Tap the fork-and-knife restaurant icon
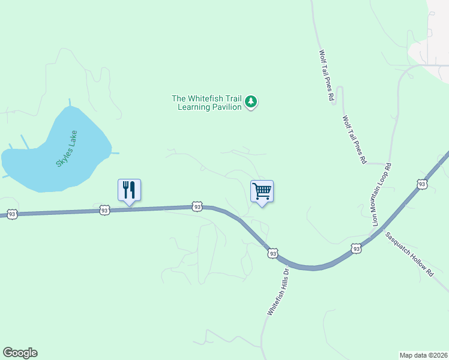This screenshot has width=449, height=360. (x=129, y=190)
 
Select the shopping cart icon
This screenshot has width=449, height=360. (x=262, y=191)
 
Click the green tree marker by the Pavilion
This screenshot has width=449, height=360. (x=252, y=103)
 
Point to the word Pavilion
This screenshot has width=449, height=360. (x=226, y=107)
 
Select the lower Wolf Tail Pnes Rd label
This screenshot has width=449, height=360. (x=354, y=140)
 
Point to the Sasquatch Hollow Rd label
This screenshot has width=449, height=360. (x=409, y=254)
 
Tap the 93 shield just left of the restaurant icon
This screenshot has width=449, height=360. (x=104, y=210)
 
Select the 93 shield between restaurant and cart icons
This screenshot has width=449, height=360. (x=197, y=206)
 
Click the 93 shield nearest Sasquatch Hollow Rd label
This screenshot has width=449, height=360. (x=356, y=248)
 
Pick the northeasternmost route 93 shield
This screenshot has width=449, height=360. (x=422, y=184)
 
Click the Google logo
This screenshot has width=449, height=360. (x=20, y=353)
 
